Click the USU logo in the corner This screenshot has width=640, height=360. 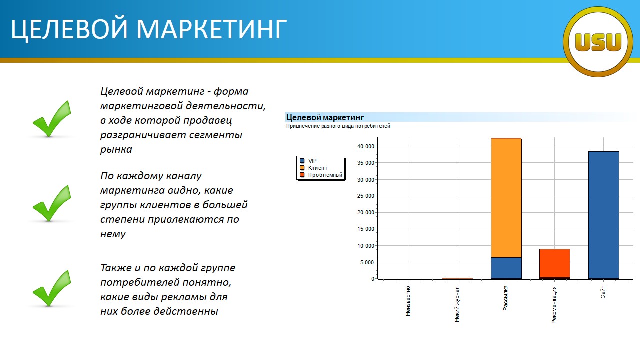click(x=598, y=42)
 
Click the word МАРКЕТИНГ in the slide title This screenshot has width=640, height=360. click(x=211, y=29)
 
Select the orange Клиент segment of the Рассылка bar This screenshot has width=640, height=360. click(x=506, y=198)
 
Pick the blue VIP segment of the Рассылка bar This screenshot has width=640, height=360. click(x=506, y=268)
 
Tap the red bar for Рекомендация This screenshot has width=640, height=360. click(x=555, y=263)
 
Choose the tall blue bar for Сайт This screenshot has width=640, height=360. click(x=603, y=215)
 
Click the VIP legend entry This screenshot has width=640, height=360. click(x=308, y=161)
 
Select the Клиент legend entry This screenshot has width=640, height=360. click(x=313, y=168)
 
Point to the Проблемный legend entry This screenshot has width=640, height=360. click(x=321, y=175)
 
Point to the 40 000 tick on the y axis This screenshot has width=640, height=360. click(x=365, y=146)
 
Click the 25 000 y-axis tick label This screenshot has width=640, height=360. click(x=365, y=196)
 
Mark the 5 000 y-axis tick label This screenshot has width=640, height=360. click(x=367, y=262)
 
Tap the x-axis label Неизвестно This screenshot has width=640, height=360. click(x=408, y=301)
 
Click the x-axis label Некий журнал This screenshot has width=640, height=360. click(x=457, y=304)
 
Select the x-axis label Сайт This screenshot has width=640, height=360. click(x=603, y=292)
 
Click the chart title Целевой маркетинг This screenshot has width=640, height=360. click(x=325, y=117)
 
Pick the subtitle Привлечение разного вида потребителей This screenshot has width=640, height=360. click(x=338, y=126)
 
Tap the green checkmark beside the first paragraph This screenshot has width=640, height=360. click(x=51, y=119)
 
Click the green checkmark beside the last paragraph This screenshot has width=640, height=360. click(x=51, y=288)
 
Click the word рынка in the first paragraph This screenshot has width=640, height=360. click(x=116, y=149)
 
